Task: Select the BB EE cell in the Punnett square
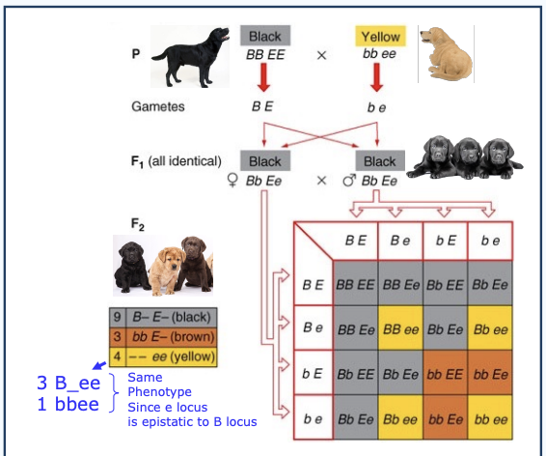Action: (355, 285)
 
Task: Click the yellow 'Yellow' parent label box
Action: (380, 37)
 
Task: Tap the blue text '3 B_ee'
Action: (68, 383)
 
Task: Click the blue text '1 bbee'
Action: (68, 404)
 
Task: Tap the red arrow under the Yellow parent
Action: (379, 77)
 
